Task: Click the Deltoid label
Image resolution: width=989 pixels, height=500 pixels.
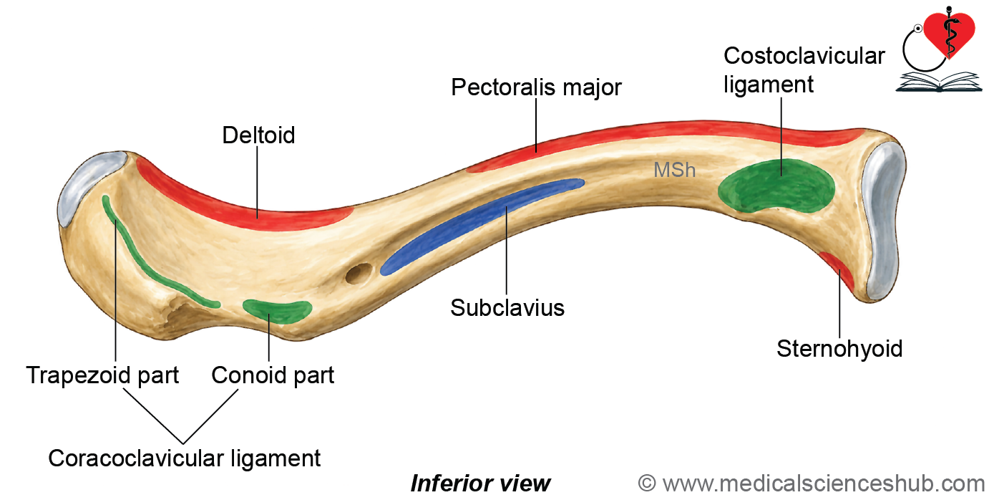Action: [x=258, y=135]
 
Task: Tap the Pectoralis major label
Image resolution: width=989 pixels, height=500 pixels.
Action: [x=536, y=87]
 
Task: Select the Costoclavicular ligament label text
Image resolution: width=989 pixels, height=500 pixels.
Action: [x=804, y=70]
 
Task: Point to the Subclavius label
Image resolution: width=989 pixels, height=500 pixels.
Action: [x=507, y=308]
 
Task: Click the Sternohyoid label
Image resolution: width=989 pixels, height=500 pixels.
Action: [x=839, y=349]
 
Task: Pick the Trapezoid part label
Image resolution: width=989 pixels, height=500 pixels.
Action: [x=102, y=376]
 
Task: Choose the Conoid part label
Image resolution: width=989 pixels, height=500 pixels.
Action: [x=273, y=376]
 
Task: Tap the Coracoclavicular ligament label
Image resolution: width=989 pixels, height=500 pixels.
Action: [x=184, y=458]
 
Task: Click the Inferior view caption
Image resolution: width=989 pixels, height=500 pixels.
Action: [x=480, y=484]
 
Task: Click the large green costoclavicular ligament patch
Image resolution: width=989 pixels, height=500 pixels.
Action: [x=776, y=186]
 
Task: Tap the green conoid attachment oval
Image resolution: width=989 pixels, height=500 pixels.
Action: [x=277, y=311]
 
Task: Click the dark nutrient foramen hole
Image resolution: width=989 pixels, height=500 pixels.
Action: [x=359, y=274]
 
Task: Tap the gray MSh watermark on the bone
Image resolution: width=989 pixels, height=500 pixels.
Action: [x=674, y=170]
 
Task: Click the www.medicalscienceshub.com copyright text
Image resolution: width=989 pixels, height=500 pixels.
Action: [x=811, y=484]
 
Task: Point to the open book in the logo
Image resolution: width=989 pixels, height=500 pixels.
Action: [x=939, y=82]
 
